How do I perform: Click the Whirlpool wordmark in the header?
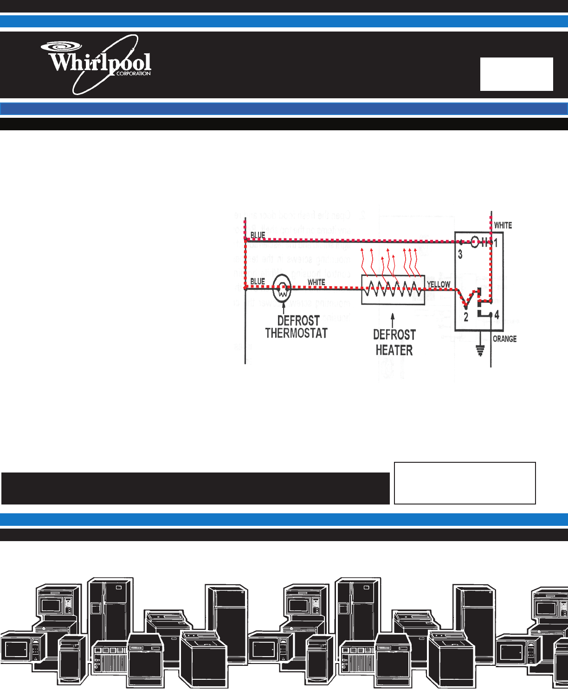(x=100, y=63)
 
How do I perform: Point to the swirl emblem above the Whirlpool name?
(x=61, y=46)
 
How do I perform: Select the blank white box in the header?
(x=516, y=74)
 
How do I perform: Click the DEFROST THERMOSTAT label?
(x=297, y=327)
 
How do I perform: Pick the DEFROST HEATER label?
(x=394, y=342)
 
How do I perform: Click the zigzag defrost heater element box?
(x=393, y=289)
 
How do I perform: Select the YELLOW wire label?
(x=439, y=284)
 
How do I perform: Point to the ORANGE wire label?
(x=504, y=339)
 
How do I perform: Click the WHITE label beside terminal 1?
(x=503, y=225)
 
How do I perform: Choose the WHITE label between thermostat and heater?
(x=316, y=282)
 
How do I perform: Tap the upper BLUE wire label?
(x=258, y=235)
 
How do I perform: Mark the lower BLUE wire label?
(x=258, y=281)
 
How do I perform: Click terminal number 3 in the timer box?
(x=460, y=255)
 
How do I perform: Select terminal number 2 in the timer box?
(x=466, y=318)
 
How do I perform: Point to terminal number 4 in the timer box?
(x=497, y=315)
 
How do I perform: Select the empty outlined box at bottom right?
(x=465, y=483)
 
